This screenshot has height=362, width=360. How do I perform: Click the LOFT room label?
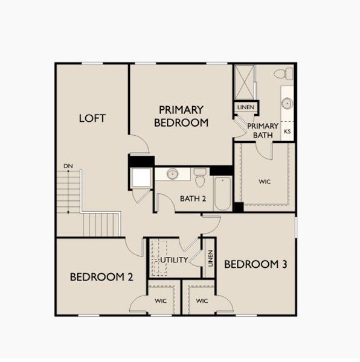tap(92, 118)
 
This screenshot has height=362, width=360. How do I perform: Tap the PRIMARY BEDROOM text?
tap(181, 116)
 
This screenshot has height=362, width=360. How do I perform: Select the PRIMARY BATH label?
tap(263, 130)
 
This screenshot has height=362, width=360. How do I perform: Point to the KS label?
tap(288, 131)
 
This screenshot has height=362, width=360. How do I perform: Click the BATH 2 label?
tap(193, 198)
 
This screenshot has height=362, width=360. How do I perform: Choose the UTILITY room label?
tap(175, 260)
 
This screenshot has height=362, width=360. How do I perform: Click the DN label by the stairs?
tap(68, 166)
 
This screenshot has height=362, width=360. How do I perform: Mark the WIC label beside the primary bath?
tap(265, 180)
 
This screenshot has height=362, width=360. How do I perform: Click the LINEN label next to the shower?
tap(246, 107)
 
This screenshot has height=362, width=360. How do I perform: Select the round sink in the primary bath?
tap(286, 103)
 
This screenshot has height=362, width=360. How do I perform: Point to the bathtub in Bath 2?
tap(222, 193)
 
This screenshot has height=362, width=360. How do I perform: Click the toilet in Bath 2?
tap(200, 177)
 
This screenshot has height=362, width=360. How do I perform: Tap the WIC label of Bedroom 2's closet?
tap(160, 300)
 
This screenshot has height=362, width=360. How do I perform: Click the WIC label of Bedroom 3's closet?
tap(202, 300)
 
